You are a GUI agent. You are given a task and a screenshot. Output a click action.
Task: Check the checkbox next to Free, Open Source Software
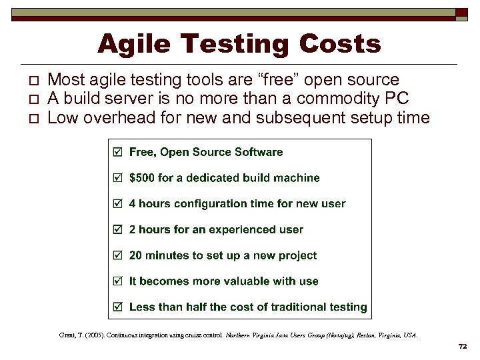118,152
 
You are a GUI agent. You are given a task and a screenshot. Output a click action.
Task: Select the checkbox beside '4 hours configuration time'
118,204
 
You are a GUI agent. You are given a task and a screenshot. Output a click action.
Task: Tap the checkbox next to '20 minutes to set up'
118,255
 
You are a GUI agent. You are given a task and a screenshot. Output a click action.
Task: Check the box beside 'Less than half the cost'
118,307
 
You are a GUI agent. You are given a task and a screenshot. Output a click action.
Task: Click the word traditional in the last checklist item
299,307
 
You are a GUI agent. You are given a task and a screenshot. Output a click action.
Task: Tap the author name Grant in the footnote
68,335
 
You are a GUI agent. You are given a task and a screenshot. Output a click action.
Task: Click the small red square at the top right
461,13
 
